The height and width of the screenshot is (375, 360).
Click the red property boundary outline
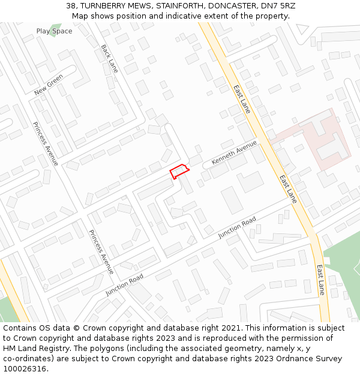coord(179,171)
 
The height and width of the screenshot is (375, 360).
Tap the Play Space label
coord(54,31)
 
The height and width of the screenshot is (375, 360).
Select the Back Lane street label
coord(109,58)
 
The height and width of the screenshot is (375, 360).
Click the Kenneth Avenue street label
coord(234,154)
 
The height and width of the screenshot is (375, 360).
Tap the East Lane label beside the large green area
coord(321,280)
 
